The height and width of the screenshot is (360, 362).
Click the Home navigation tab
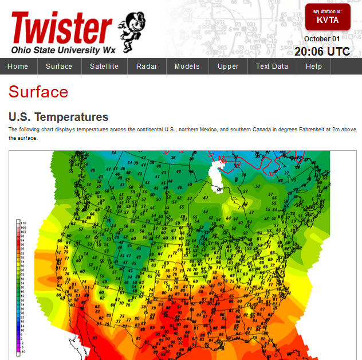[x=18, y=66]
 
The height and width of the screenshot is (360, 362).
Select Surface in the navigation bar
[x=59, y=66]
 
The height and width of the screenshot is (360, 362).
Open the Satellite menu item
[x=104, y=66]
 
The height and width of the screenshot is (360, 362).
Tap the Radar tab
[x=147, y=66]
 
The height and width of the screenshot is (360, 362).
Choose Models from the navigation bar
[x=187, y=66]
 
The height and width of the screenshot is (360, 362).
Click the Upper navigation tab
[x=228, y=66]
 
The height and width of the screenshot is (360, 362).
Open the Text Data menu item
[x=272, y=66]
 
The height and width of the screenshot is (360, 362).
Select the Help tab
[x=314, y=66]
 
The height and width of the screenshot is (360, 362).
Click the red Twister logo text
[x=62, y=28]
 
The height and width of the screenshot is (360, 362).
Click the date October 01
[x=322, y=39]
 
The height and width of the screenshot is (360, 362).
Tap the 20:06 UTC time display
[x=322, y=52]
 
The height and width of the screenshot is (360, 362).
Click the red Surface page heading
[x=38, y=92]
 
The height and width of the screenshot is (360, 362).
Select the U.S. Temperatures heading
[x=58, y=117]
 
